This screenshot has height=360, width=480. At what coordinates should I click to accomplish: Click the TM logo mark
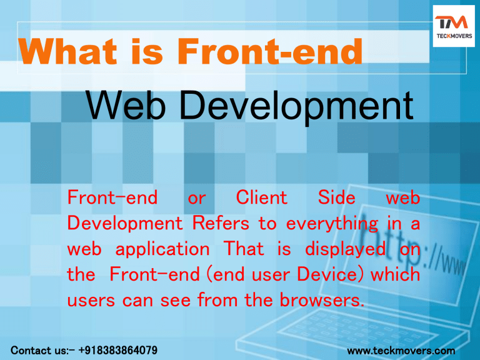(451, 24)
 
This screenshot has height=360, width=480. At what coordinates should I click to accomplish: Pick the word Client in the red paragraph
(262, 198)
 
